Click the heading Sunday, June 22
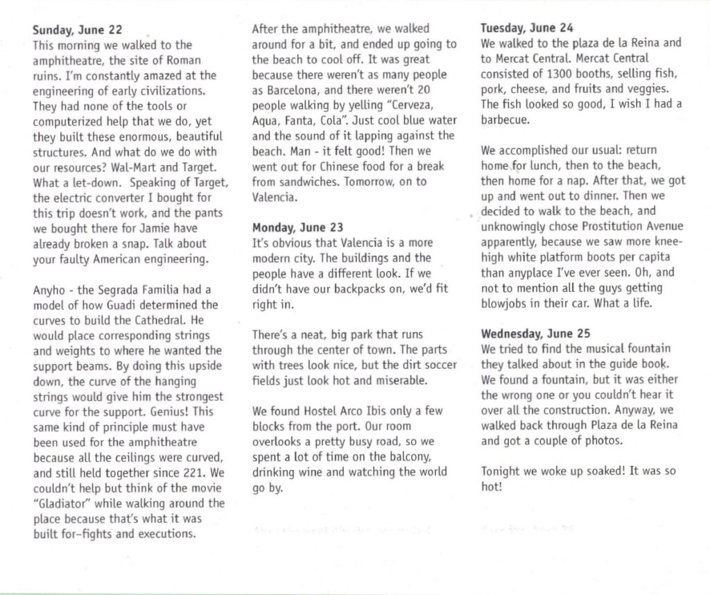click(78, 30)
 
